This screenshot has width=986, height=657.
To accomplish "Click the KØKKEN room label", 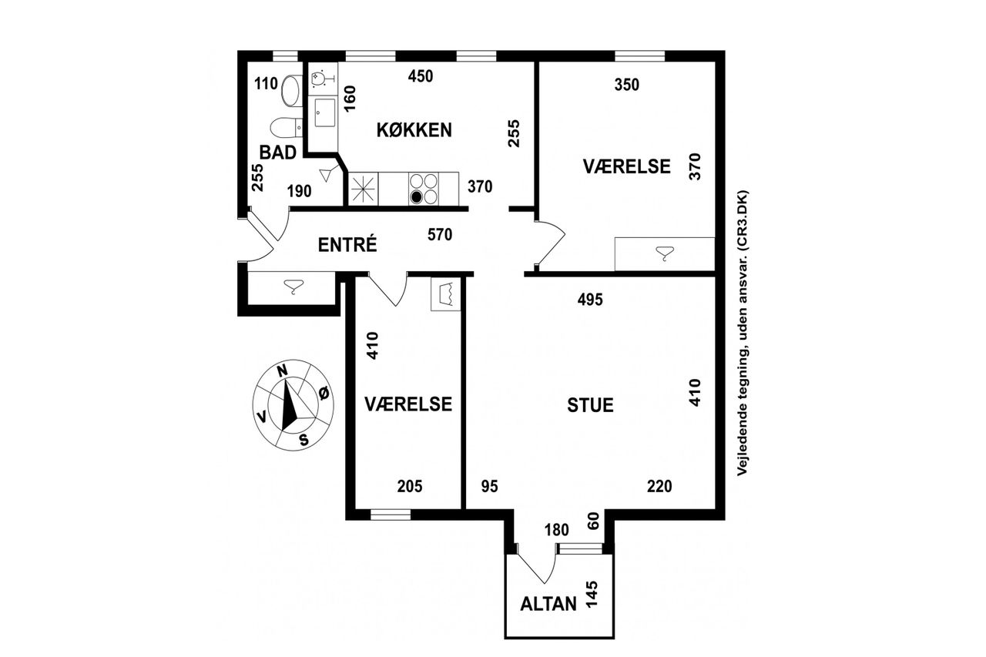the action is click(x=414, y=130).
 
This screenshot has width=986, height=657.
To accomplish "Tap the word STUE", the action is click(x=590, y=405).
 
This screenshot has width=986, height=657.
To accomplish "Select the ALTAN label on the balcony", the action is click(x=548, y=604).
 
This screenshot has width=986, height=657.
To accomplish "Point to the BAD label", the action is click(x=278, y=153).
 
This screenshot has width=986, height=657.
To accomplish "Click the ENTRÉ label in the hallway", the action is click(x=347, y=245).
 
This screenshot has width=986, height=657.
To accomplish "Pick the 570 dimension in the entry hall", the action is click(x=440, y=235).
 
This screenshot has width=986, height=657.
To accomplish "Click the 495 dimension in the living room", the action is click(x=590, y=300).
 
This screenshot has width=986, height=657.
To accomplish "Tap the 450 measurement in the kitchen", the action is click(x=421, y=76).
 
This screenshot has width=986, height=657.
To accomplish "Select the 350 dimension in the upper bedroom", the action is click(x=627, y=85).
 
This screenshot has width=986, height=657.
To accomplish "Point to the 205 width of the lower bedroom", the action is click(x=410, y=486).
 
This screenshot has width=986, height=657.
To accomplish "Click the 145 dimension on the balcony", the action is click(x=592, y=595).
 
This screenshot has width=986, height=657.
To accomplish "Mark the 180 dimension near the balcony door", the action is click(x=557, y=530).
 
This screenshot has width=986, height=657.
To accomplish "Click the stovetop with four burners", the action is click(x=424, y=189).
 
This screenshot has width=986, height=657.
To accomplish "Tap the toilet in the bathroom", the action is click(x=286, y=129).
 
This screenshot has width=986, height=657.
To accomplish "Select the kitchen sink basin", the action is click(x=325, y=112).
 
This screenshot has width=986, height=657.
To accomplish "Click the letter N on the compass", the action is click(x=282, y=370).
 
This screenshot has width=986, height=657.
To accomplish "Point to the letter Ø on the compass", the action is click(x=324, y=394).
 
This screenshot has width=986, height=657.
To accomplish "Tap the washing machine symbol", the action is click(x=445, y=293).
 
